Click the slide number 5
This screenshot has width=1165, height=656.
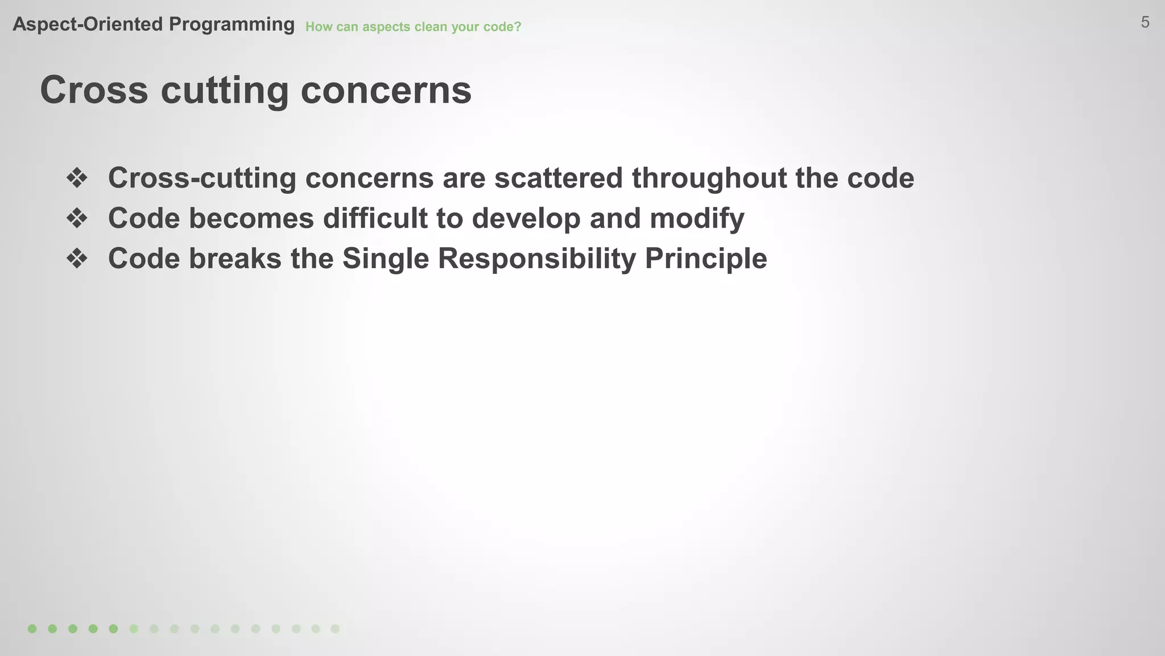(x=1145, y=23)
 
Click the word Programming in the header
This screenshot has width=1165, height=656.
(x=232, y=24)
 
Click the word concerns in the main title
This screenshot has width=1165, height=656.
(x=386, y=90)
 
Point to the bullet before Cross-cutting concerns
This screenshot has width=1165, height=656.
(x=77, y=178)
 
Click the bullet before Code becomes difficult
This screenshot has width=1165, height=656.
(x=77, y=218)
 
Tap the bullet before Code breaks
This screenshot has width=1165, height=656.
(x=77, y=259)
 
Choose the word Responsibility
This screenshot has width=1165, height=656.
(x=536, y=259)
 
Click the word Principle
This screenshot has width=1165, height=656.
(x=706, y=259)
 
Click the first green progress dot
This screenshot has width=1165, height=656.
(x=32, y=629)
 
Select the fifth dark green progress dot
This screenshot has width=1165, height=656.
(x=114, y=629)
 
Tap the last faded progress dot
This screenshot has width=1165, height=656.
(x=335, y=629)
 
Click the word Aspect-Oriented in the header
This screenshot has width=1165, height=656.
(x=88, y=24)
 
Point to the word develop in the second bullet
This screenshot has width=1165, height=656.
(x=526, y=218)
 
